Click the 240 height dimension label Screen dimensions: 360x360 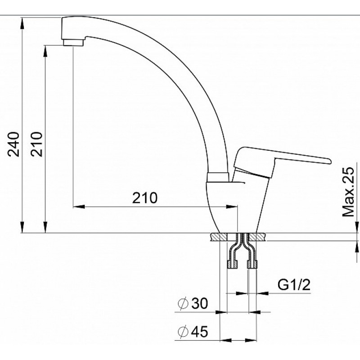(x=13, y=144)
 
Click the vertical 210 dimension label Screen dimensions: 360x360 (x=37, y=144)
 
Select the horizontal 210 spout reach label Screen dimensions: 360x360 (x=145, y=198)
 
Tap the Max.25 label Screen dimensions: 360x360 (x=348, y=192)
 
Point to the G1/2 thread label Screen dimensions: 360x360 (x=294, y=285)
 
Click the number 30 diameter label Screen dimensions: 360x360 (x=199, y=303)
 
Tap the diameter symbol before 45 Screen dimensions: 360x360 (x=183, y=332)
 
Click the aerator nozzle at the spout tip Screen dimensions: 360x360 (x=73, y=42)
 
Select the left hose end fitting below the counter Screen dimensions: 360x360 (x=232, y=264)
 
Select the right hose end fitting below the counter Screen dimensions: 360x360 (x=252, y=264)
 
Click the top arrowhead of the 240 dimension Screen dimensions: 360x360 (x=22, y=23)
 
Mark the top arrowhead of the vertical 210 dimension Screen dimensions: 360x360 (x=45, y=51)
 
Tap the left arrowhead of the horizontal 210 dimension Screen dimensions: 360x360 (x=79, y=207)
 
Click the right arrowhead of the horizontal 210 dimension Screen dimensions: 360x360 (x=231, y=207)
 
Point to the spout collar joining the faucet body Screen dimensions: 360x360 (x=218, y=177)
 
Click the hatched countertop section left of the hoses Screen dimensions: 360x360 (x=219, y=237)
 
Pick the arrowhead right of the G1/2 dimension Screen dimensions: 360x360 (x=263, y=293)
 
